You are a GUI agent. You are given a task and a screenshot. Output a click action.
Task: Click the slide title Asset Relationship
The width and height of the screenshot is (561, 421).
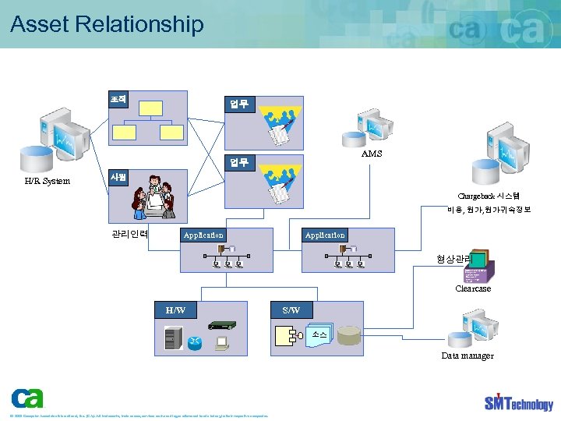107,24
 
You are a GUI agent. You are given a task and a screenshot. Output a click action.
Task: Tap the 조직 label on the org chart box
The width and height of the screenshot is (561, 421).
118,99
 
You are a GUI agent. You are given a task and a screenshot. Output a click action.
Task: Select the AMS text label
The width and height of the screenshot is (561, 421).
372,154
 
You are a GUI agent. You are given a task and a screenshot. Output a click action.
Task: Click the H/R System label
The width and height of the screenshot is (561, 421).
47,181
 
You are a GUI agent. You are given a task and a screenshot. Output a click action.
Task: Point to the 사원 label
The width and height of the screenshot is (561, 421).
118,177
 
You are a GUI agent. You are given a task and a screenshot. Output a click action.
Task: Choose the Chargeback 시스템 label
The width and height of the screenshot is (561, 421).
489,196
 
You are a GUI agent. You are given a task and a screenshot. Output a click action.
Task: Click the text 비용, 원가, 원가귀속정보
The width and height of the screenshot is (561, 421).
489,210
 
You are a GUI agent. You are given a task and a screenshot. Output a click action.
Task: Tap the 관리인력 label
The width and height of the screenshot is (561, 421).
130,234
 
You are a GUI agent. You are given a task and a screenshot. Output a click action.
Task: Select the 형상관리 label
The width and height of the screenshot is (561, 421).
453,259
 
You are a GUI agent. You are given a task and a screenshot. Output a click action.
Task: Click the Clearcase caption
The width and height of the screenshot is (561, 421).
473,288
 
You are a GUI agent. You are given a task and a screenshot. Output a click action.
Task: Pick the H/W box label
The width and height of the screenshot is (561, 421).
175,310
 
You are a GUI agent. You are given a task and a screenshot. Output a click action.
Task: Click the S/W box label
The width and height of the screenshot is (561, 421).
291,310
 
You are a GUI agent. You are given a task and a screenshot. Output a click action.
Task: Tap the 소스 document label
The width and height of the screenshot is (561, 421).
319,334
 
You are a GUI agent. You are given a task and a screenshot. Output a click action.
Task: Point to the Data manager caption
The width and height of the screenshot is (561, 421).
467,356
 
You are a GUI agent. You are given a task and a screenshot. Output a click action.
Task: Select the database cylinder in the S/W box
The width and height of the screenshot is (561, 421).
349,335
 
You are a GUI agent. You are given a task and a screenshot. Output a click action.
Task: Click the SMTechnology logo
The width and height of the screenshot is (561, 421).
518,402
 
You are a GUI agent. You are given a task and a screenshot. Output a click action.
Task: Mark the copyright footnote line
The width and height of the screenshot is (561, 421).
139,416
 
